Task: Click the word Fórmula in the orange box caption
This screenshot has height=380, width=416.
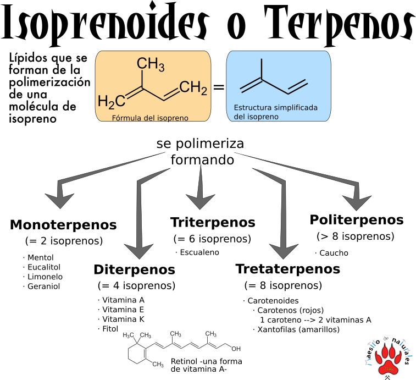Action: pos(125,118)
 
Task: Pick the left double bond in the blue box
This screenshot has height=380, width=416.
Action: pos(251,85)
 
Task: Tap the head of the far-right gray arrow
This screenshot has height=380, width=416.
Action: pos(358,201)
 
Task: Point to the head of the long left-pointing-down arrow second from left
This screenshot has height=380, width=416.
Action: pos(139,250)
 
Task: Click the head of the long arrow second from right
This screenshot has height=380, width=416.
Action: pos(284,250)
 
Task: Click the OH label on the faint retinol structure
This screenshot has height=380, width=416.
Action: pos(236,349)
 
